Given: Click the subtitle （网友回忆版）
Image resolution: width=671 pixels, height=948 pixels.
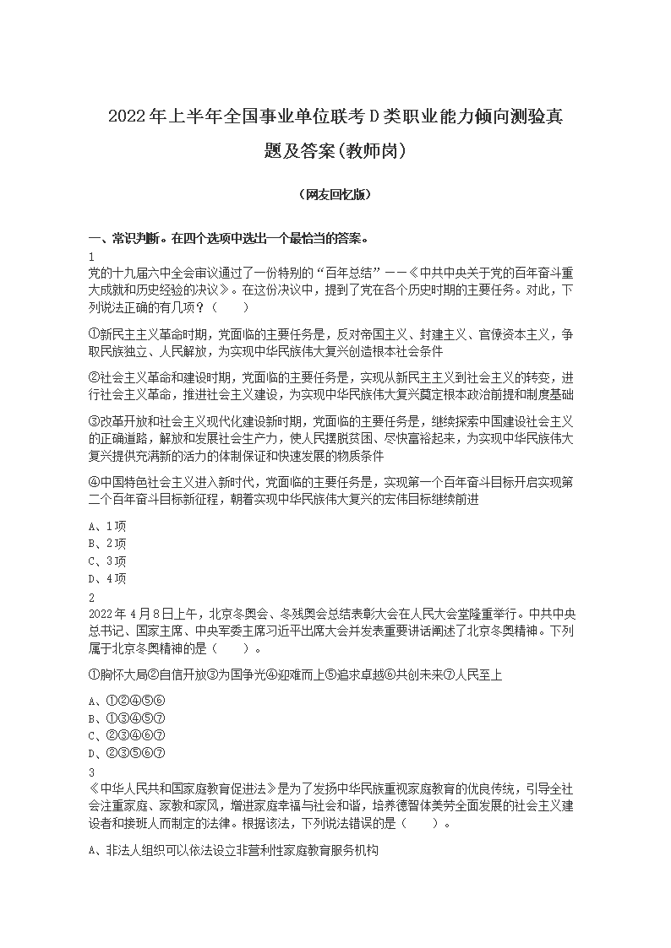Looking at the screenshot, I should (335, 194).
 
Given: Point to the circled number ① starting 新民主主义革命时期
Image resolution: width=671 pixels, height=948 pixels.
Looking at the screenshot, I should (94, 334).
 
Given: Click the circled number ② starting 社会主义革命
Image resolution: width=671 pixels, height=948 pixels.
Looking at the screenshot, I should (94, 376).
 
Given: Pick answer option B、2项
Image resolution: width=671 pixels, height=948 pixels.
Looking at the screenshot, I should (106, 543).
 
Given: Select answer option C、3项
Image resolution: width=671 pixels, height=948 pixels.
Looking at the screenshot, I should (106, 561).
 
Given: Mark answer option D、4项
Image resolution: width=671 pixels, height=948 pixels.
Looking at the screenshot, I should (106, 578).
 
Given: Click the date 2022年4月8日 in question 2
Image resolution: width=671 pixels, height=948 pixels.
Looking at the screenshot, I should (131, 614).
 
